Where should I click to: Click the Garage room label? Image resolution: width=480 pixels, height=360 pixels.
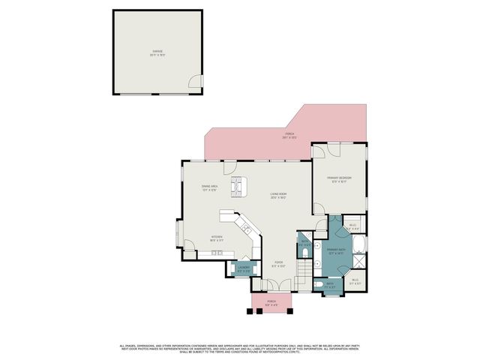(157, 52)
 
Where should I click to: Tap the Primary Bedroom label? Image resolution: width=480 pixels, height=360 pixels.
(341, 179)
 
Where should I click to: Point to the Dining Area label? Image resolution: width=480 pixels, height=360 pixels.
(209, 187)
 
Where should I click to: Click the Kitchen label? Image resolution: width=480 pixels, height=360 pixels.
(216, 238)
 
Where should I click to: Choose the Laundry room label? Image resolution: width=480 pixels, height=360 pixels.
(244, 268)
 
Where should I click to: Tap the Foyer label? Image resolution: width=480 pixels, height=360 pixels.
(278, 263)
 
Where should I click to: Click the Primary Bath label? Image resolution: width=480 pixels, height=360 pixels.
(334, 252)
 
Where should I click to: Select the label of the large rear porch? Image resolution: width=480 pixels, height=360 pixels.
(289, 136)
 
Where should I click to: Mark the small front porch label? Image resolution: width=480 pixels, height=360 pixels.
(271, 304)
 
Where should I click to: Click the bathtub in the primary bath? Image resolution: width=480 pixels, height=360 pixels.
(358, 248)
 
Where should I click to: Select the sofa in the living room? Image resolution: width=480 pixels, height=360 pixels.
(236, 186)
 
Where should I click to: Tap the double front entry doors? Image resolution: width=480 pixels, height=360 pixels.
(271, 286)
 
